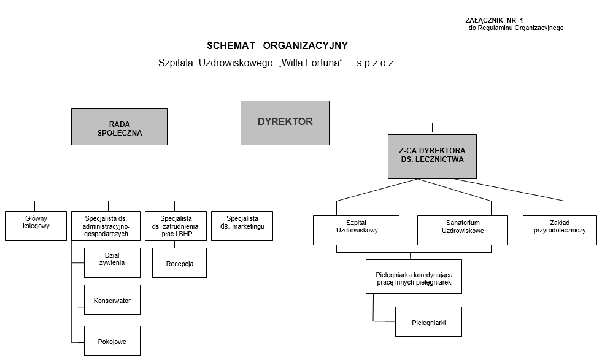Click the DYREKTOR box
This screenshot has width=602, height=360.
[x=285, y=123]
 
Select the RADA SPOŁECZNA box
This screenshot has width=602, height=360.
[x=119, y=127]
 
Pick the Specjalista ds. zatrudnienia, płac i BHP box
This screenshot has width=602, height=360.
[x=176, y=226]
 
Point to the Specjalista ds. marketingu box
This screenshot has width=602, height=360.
[x=242, y=226]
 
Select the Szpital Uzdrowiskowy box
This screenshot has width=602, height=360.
[x=357, y=230]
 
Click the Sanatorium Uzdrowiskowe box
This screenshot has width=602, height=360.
[x=463, y=230]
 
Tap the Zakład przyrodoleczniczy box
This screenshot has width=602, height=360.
[x=560, y=230]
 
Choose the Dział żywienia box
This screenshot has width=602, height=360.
[x=112, y=262]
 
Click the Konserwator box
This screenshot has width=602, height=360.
[x=112, y=300]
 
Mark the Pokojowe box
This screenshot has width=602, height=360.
[x=112, y=340]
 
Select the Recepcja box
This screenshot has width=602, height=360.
[x=179, y=263]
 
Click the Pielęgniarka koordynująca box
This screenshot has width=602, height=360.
[x=414, y=277]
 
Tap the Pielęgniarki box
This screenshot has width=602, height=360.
[x=428, y=321]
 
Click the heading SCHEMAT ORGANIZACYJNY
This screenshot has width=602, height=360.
[x=277, y=45]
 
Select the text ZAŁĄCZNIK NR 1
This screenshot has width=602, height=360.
[x=495, y=20]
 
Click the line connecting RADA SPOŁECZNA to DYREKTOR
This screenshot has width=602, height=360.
[x=203, y=123]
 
